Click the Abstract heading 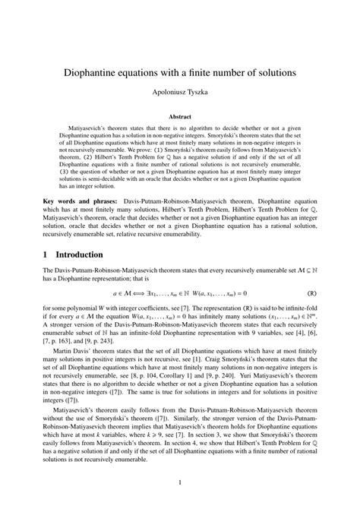tap(180, 119)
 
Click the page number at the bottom tap(180, 482)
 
